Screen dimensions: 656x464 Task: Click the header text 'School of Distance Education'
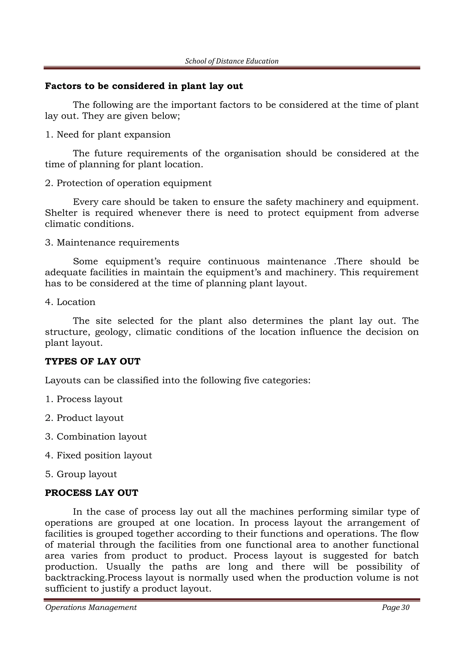[x=232, y=61]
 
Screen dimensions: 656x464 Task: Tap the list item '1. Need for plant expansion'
[x=108, y=135]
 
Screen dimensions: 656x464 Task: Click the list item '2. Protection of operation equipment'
[x=128, y=183]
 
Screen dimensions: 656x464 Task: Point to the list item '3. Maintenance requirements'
[x=112, y=243]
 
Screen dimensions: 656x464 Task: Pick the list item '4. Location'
[x=70, y=302]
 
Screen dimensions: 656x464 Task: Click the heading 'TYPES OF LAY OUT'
[x=93, y=362]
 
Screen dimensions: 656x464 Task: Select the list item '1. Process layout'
[x=84, y=399]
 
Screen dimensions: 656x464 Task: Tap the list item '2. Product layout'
[x=84, y=418]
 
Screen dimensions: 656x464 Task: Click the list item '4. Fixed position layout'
[x=99, y=456]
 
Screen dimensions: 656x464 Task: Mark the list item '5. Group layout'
[x=81, y=474]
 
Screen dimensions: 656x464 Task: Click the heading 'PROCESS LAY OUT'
[x=92, y=493]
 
